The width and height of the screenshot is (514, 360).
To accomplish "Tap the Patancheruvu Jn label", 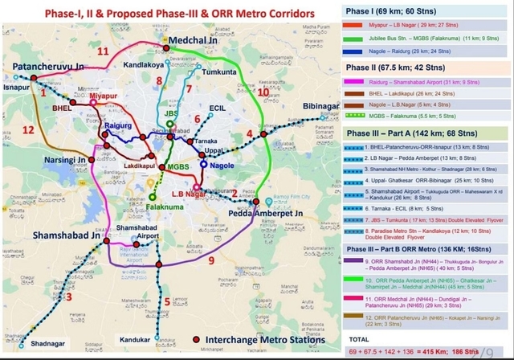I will point(47,64).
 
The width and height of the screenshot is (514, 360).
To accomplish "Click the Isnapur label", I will point(15,83).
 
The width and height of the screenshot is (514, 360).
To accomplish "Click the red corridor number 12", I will point(29,129).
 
